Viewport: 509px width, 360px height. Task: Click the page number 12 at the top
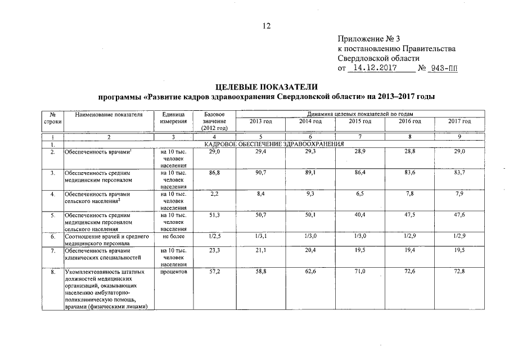[x=267, y=25]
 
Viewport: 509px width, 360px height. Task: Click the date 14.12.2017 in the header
[x=373, y=68]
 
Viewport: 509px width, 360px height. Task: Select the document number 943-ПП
[x=444, y=68]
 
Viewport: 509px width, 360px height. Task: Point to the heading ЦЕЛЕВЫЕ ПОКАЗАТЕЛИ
[x=267, y=87]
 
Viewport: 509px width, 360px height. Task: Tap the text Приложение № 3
[x=368, y=39]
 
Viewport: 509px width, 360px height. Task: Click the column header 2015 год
[x=359, y=121]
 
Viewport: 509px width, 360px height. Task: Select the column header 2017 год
[x=460, y=121]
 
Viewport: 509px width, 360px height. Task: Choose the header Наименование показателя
[x=109, y=115]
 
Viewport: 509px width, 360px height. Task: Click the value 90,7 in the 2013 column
[x=260, y=172]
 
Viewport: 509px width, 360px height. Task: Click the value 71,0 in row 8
[x=360, y=272]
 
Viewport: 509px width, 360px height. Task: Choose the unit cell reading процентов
[x=173, y=272]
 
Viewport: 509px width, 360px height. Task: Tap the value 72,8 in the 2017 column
[x=460, y=272]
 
